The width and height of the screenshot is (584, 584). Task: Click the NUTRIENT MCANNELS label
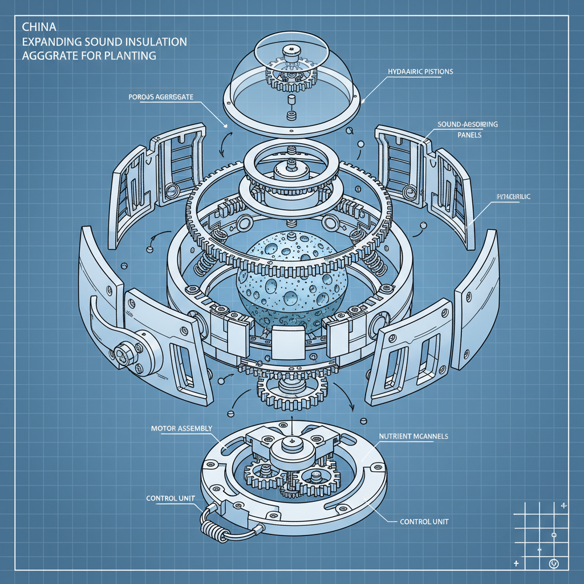point(413,436)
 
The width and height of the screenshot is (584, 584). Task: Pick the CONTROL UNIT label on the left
point(171,498)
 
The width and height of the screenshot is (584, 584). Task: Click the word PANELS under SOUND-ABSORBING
point(469,136)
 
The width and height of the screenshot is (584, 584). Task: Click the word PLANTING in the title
point(132,56)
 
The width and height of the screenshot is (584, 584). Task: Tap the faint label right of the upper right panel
point(510,197)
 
